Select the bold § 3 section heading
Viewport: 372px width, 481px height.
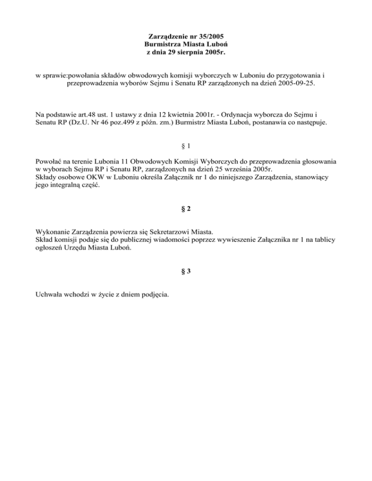(x=186, y=271)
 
